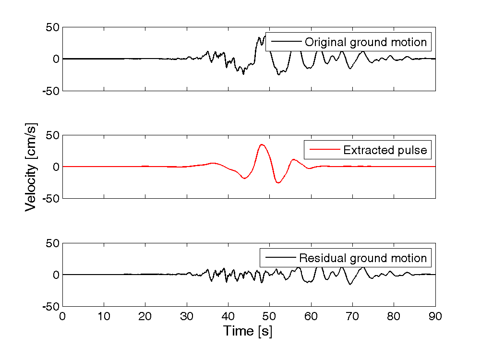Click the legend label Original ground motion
(366, 42)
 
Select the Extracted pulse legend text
(385, 150)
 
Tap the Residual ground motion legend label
(363, 258)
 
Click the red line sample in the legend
(325, 150)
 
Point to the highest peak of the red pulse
(262, 144)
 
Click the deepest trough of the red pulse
(278, 183)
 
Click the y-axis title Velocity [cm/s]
(31, 167)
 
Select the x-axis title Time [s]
(247, 331)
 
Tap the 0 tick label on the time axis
(63, 316)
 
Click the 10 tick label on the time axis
(104, 316)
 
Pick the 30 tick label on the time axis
(187, 316)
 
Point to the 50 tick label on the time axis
(269, 316)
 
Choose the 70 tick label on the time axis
(352, 316)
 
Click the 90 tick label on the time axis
(435, 316)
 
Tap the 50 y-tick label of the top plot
(50, 27)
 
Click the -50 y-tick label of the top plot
(48, 91)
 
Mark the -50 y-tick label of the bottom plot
(48, 307)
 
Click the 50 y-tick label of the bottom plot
(50, 243)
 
